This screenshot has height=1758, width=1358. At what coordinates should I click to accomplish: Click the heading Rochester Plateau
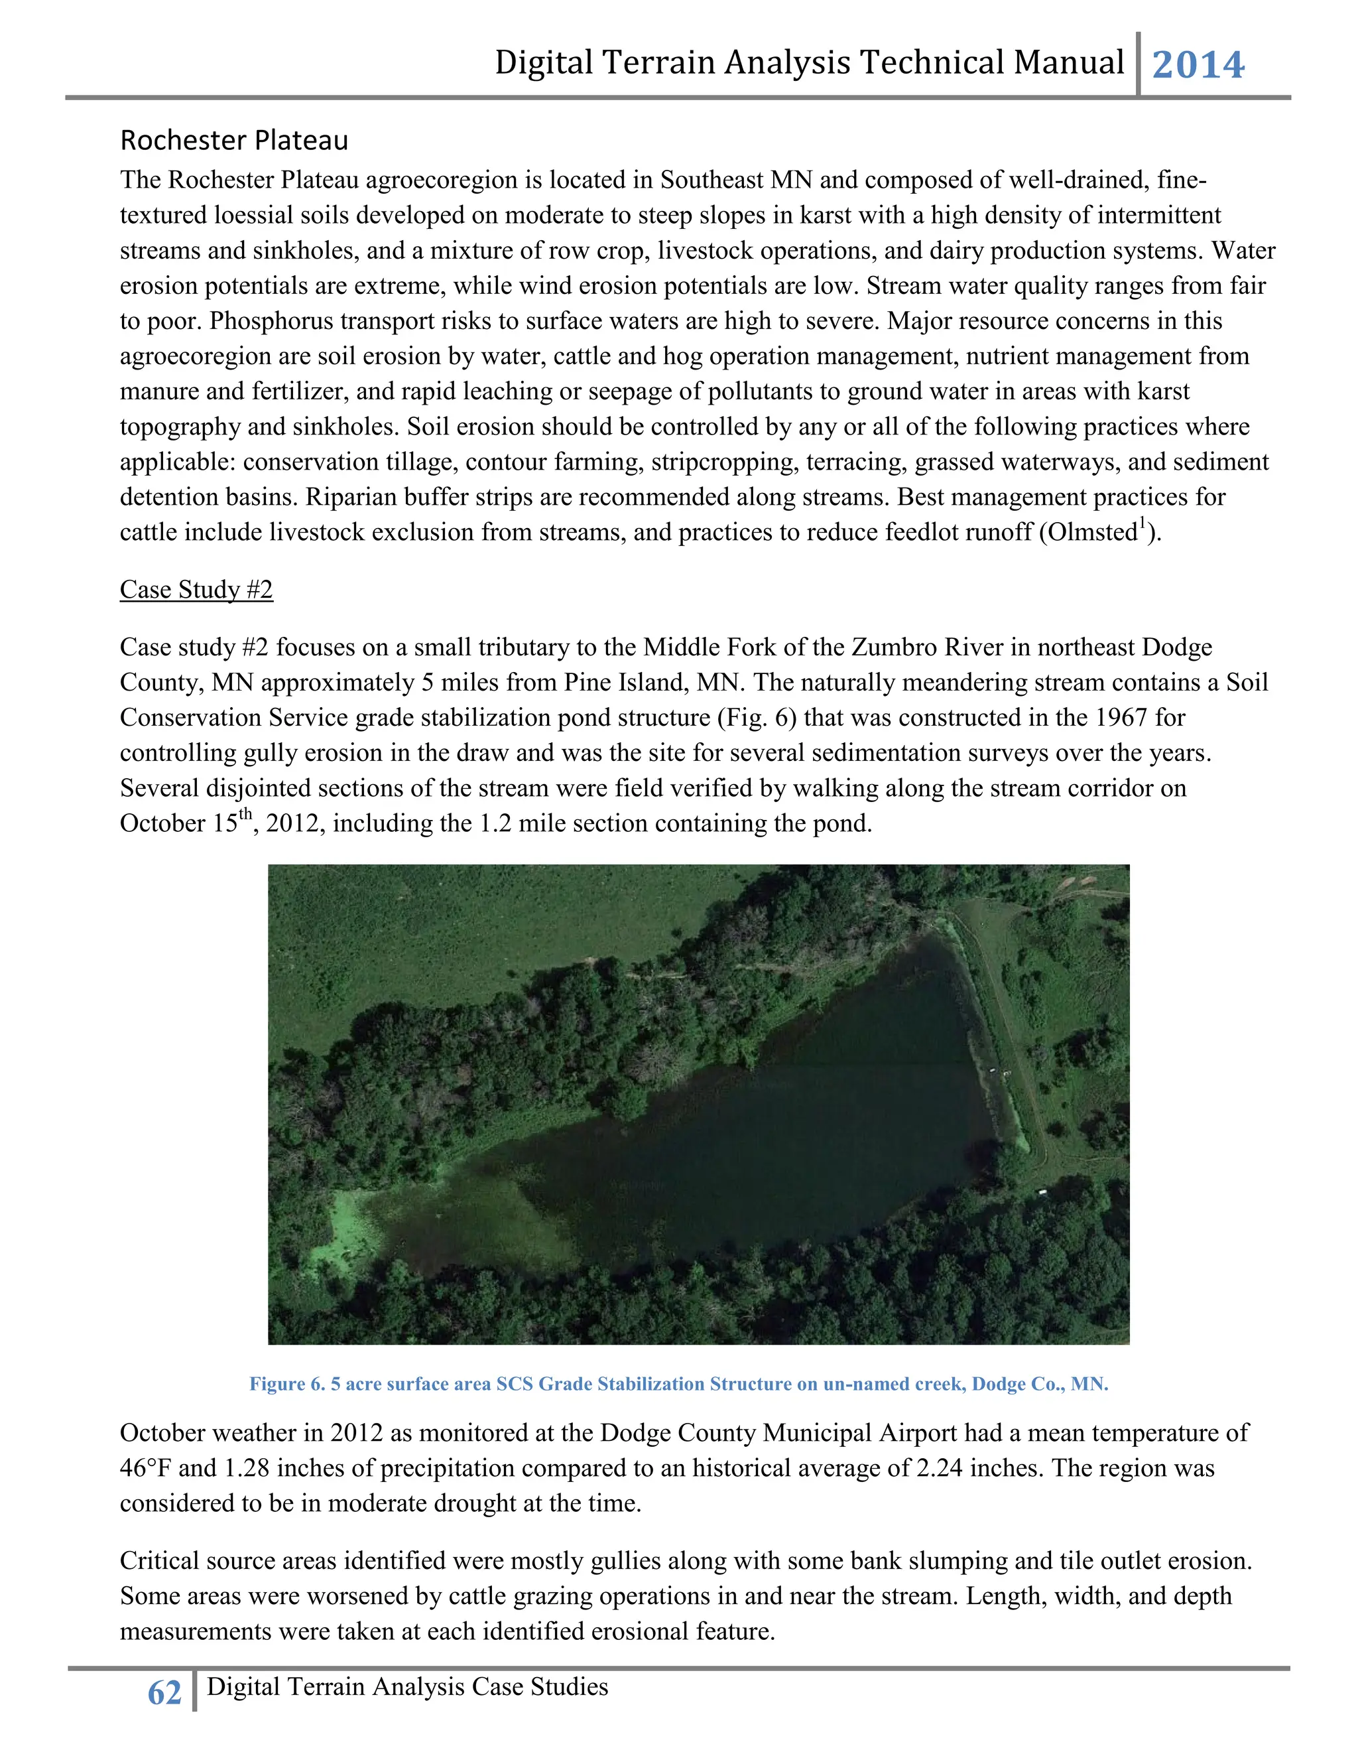coord(234,141)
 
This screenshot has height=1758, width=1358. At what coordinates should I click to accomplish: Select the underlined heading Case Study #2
coord(196,589)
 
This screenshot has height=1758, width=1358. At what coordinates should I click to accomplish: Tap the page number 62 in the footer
coord(164,1693)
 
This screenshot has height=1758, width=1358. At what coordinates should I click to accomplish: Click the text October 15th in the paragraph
coord(186,823)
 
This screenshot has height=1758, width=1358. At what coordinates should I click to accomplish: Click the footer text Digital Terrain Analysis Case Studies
coord(407,1686)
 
